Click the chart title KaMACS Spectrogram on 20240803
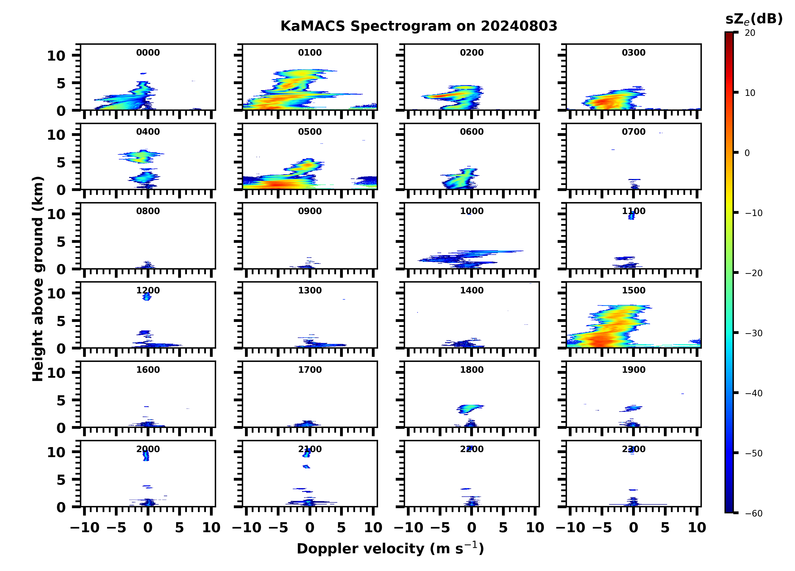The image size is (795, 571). pyautogui.click(x=419, y=26)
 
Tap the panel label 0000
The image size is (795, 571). pyautogui.click(x=148, y=53)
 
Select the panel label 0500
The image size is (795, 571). pyautogui.click(x=310, y=132)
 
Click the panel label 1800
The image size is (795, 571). pyautogui.click(x=471, y=370)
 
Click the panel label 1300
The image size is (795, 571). pyautogui.click(x=310, y=290)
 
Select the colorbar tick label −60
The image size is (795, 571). pyautogui.click(x=754, y=513)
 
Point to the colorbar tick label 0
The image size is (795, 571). pyautogui.click(x=747, y=153)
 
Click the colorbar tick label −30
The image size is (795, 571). pyautogui.click(x=754, y=333)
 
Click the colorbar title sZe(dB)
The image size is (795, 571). pyautogui.click(x=754, y=19)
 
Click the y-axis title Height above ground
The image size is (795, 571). pyautogui.click(x=38, y=279)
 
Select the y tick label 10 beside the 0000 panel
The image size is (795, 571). pyautogui.click(x=56, y=56)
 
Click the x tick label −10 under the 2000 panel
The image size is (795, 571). pyautogui.click(x=85, y=527)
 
